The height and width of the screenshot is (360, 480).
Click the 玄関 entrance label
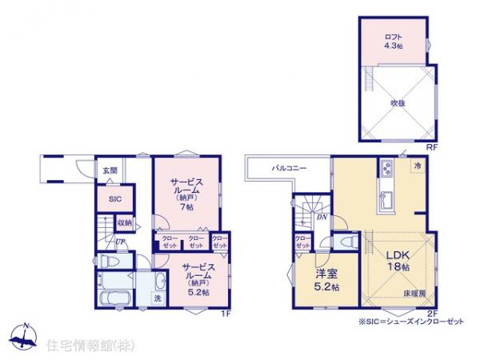point(110,170)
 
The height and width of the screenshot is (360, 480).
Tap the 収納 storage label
point(124,223)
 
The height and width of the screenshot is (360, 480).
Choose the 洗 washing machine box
point(156,298)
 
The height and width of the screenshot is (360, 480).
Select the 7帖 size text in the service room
point(186,207)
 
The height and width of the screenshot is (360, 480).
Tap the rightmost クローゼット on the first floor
point(219,241)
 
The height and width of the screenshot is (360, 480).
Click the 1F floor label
point(226,313)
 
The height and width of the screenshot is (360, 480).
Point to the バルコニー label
point(285,169)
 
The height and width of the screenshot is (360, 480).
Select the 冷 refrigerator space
point(418,165)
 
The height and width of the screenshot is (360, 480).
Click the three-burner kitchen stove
point(385,170)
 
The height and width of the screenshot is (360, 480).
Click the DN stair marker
point(320,217)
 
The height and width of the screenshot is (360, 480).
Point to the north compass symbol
point(26,337)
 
